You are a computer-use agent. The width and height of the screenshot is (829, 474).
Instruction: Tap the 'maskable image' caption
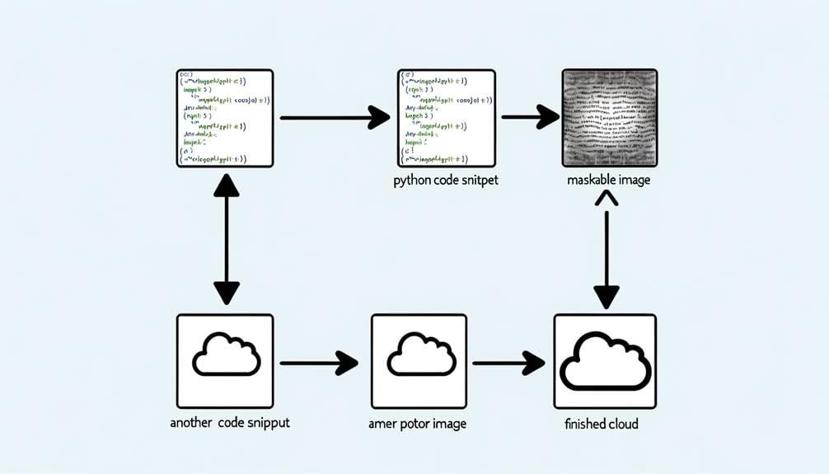[609, 180]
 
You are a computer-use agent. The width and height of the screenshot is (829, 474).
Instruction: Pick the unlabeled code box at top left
[225, 119]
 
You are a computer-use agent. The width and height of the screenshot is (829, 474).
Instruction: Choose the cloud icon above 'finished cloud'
[605, 361]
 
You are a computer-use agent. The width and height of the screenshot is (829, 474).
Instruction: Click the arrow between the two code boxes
[335, 118]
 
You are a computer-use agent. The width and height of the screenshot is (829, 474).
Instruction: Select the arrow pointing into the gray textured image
[530, 118]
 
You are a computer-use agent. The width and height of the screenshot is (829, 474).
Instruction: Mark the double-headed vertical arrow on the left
[226, 240]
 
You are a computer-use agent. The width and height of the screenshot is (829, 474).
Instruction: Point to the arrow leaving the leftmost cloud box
[319, 362]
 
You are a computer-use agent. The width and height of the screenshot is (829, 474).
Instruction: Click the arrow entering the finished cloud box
[508, 362]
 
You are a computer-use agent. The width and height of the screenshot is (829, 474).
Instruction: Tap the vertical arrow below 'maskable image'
[607, 248]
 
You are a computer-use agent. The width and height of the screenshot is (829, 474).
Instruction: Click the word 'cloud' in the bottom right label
[621, 425]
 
